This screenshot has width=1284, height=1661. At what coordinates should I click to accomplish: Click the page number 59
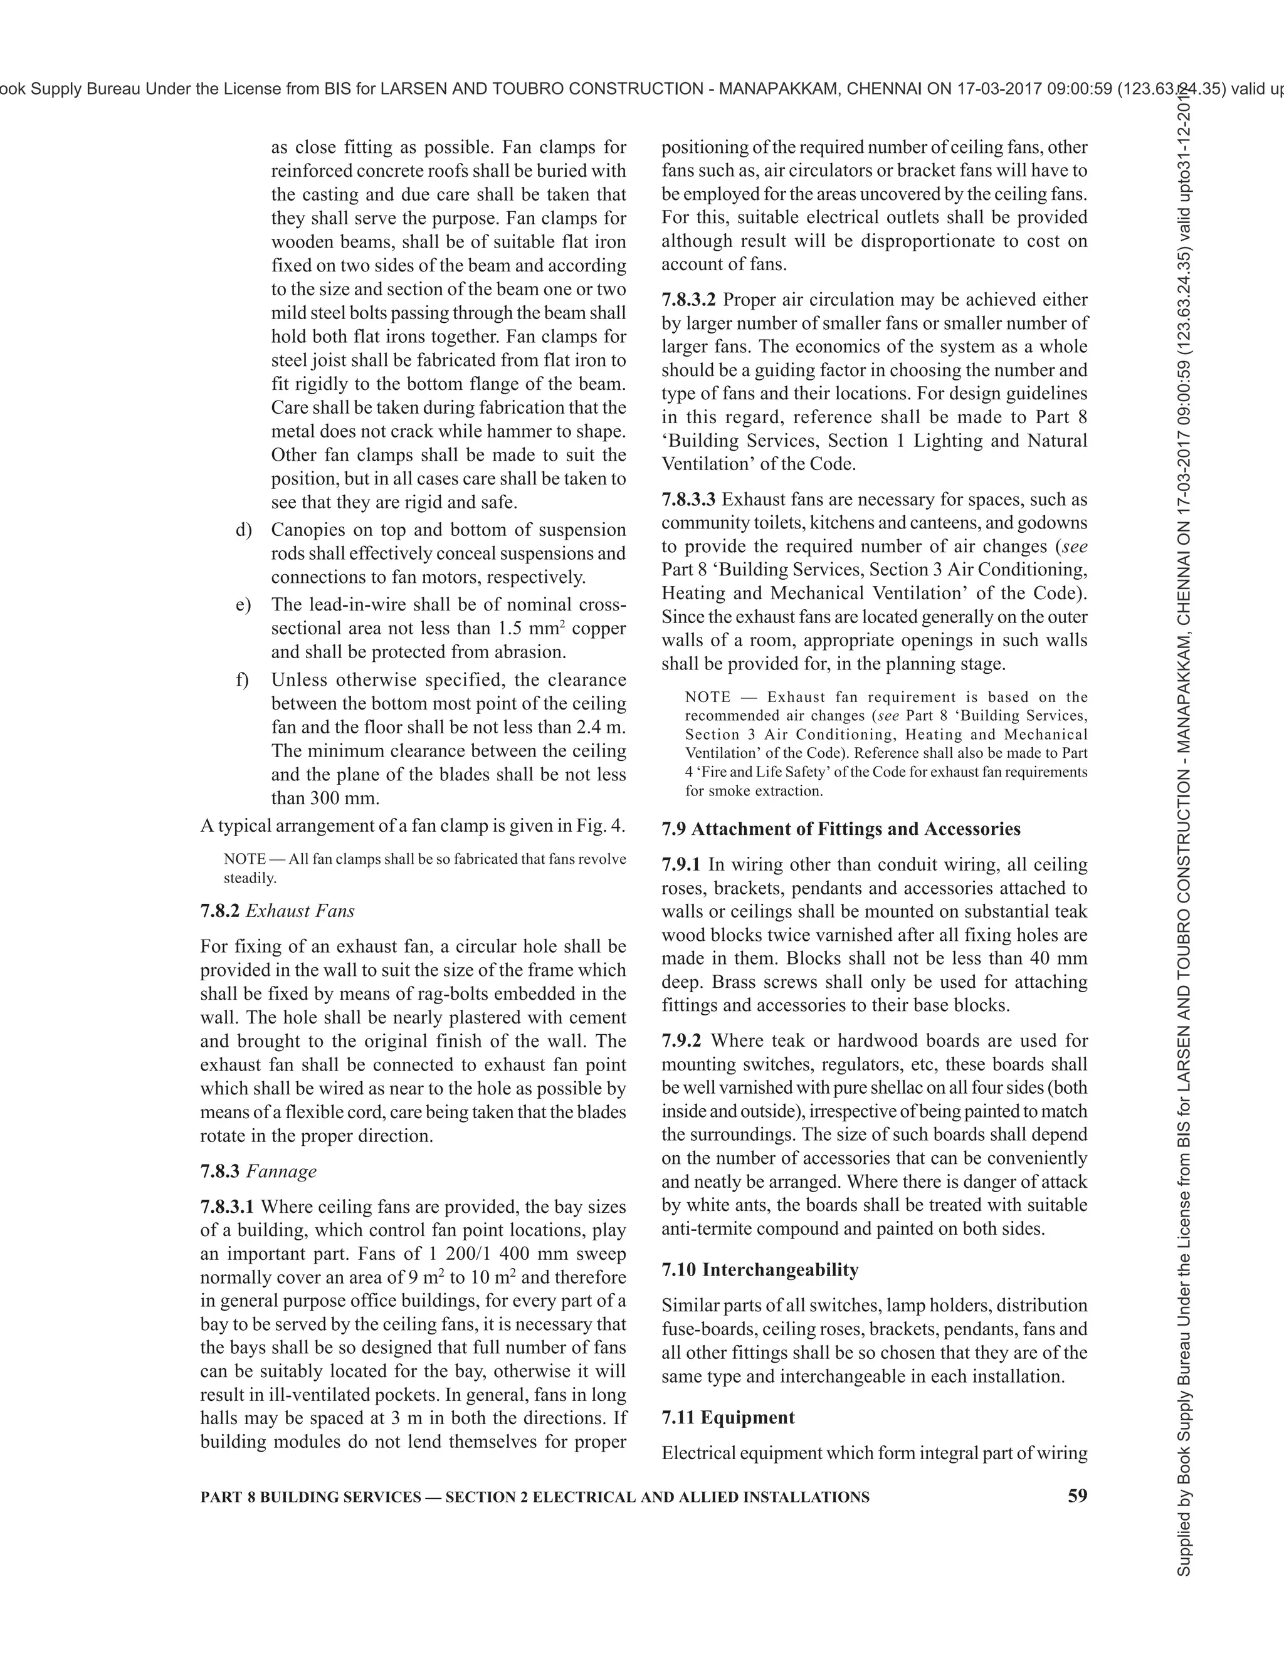point(1077,1496)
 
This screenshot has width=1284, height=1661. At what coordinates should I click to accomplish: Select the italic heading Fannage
point(282,1171)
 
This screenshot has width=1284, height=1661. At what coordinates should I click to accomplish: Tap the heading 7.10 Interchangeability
point(760,1270)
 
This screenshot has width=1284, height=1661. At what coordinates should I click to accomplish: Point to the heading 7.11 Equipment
point(728,1418)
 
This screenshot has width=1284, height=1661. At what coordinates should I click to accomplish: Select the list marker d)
point(243,530)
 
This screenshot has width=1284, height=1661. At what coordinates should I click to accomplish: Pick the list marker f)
point(243,680)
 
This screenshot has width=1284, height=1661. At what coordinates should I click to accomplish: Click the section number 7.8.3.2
point(688,300)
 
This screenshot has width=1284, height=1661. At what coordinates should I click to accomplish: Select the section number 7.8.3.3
point(688,500)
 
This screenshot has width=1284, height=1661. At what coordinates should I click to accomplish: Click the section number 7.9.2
point(681,1040)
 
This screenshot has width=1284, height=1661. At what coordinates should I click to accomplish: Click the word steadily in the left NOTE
point(249,878)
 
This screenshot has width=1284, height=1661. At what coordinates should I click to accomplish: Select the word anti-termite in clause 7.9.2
point(703,1229)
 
